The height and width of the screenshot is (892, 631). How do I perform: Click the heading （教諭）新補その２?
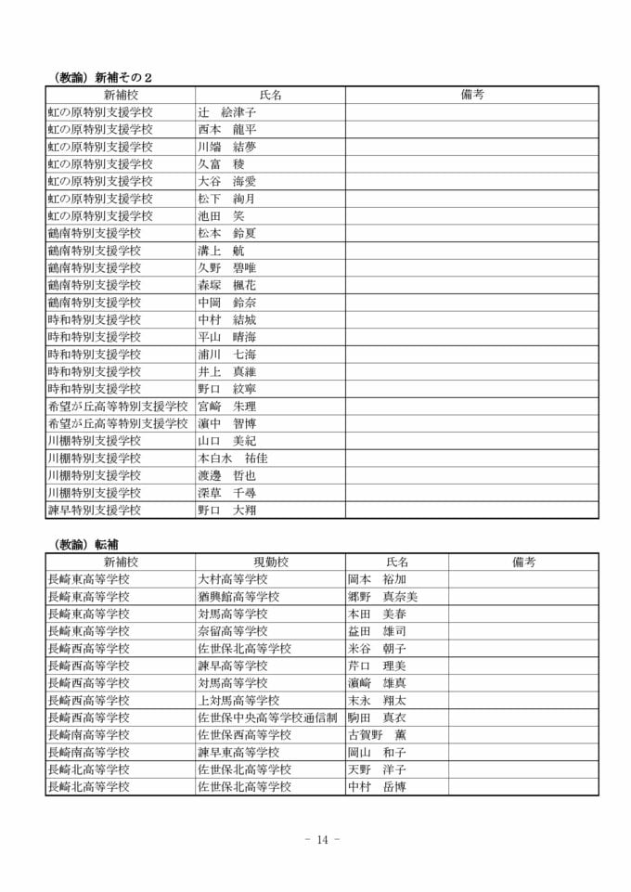point(101,77)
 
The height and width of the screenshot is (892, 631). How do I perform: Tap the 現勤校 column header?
point(270,562)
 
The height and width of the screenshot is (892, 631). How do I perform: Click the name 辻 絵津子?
point(226,112)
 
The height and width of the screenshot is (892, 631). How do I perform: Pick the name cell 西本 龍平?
point(226,129)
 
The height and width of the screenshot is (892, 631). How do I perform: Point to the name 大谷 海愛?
point(226,181)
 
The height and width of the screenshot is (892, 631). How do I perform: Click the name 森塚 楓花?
point(226,285)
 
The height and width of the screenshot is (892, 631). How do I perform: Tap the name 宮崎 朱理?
point(226,406)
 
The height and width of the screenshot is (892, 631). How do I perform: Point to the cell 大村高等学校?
point(232,579)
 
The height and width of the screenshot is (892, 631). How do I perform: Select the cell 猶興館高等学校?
point(238,597)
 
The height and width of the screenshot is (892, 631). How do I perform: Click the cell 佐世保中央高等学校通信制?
point(267,717)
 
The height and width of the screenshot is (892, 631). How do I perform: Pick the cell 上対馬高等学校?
point(238,701)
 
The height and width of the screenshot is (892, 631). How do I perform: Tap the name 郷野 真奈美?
point(382,597)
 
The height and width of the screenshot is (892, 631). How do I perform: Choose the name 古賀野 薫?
point(377,735)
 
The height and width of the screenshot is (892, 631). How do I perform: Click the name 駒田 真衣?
point(377,717)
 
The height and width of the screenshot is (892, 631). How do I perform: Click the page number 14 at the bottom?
point(322,840)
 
